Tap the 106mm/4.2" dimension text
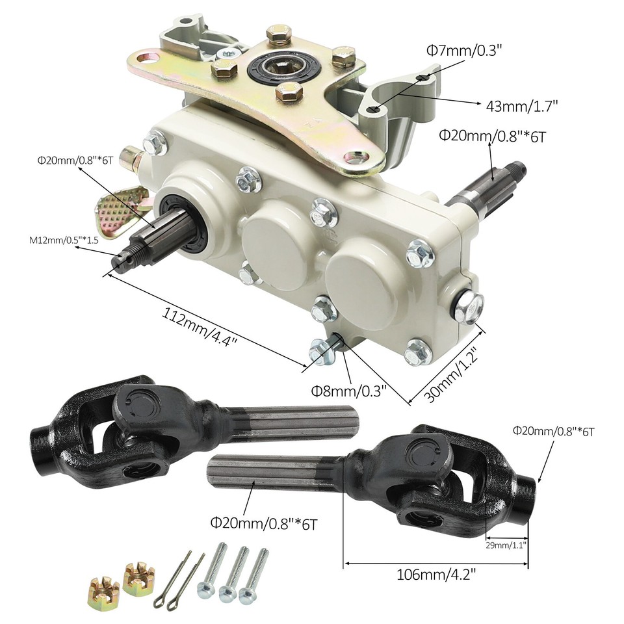435,575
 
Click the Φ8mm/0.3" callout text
348,391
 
